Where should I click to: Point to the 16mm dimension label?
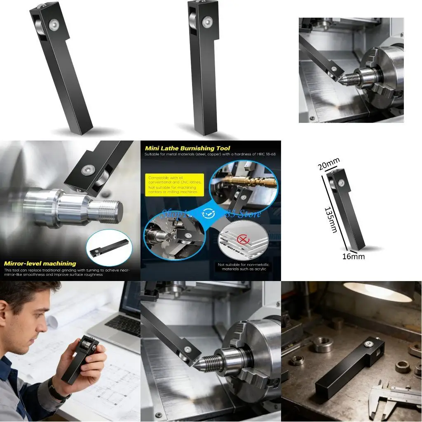pyautogui.click(x=353, y=256)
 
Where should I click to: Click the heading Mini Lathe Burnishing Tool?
pyautogui.click(x=188, y=148)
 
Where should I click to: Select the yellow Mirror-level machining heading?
pyautogui.click(x=40, y=263)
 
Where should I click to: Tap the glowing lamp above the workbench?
pyautogui.click(x=377, y=291)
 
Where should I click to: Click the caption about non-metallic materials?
pyautogui.click(x=242, y=267)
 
